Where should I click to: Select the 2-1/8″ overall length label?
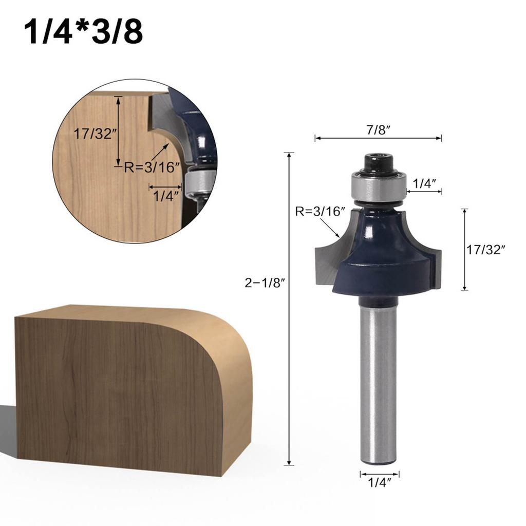point(265,283)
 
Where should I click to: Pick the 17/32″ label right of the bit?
point(486,250)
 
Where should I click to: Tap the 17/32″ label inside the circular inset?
point(95,135)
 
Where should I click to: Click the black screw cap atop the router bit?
point(378,163)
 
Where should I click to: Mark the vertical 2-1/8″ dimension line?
point(290,360)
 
